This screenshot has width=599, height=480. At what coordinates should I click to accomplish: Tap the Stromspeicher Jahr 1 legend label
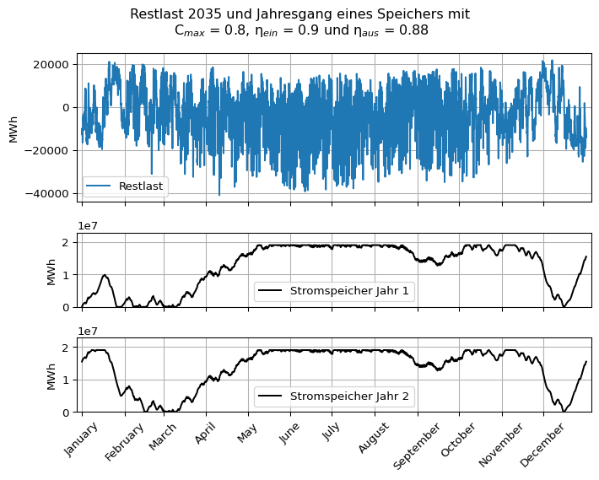(351, 291)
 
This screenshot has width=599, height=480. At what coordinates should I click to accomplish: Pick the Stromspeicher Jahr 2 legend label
(351, 396)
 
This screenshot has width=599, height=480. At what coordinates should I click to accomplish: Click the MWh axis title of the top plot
(13, 129)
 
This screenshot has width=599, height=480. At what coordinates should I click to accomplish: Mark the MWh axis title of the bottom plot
(51, 375)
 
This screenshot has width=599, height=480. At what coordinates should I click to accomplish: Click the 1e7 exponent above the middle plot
(88, 226)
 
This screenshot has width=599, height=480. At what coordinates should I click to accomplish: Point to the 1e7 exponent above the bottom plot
(88, 332)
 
